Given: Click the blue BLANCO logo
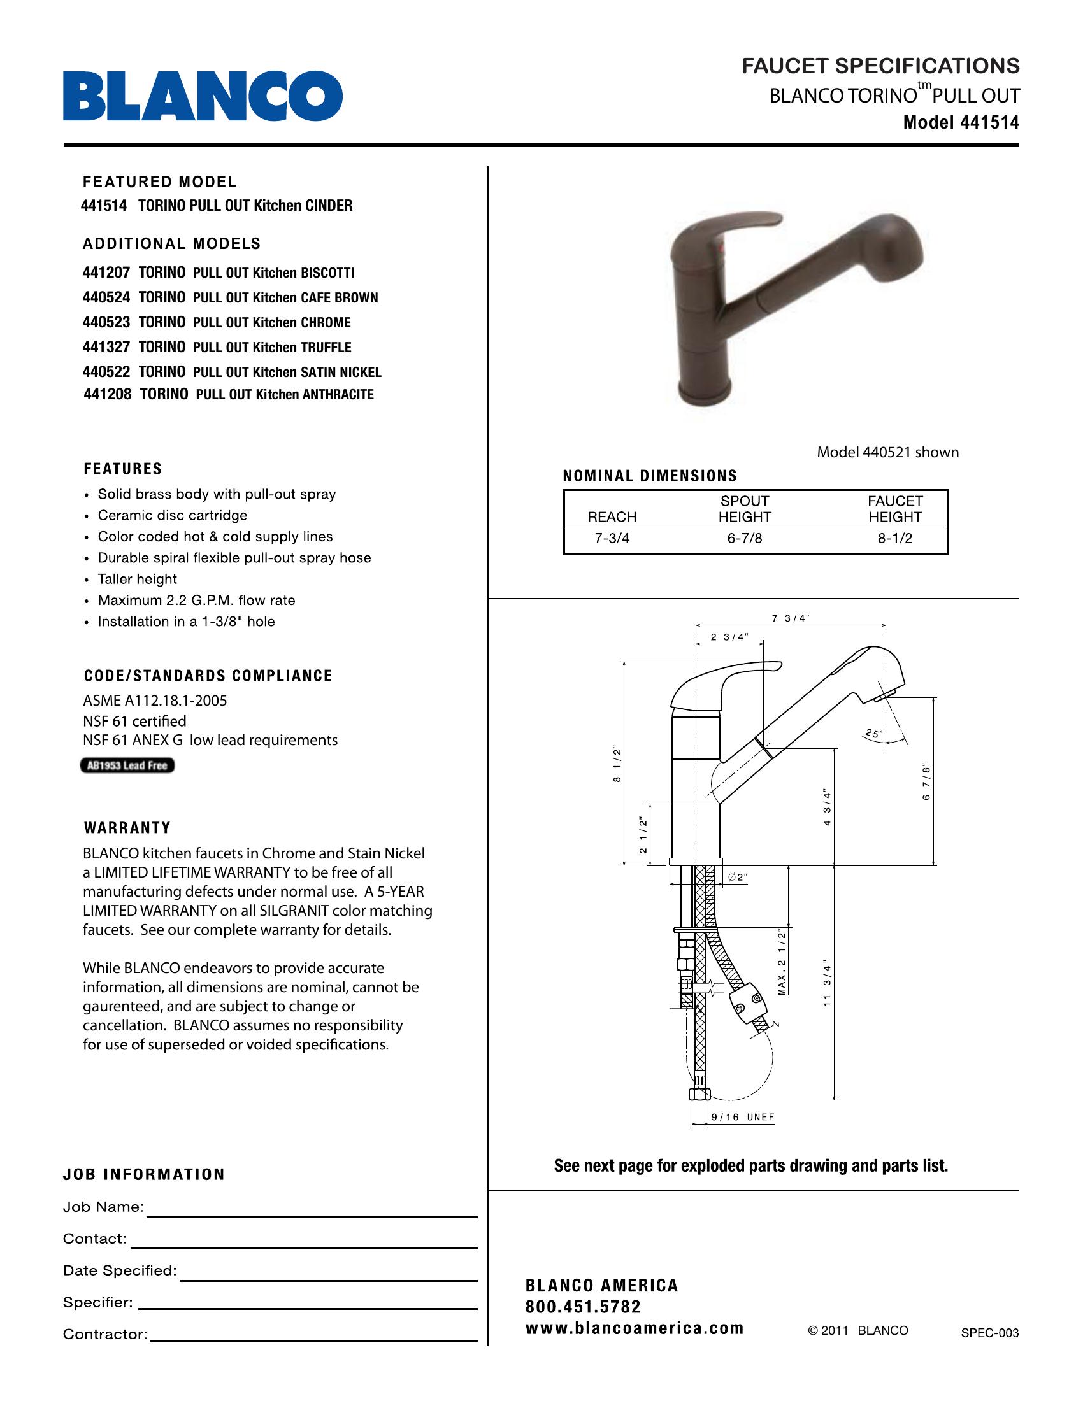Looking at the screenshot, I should click(x=202, y=96).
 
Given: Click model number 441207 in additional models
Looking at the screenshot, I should click(x=106, y=273).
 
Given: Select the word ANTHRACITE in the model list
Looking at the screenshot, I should click(x=338, y=395).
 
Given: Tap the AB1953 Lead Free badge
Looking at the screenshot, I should click(x=127, y=765).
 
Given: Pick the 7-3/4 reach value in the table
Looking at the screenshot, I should click(x=612, y=539).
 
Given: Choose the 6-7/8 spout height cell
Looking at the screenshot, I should click(x=744, y=539).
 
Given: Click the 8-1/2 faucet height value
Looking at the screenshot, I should click(x=895, y=539).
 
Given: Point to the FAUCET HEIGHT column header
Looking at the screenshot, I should click(x=895, y=509).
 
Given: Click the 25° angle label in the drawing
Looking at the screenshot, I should click(x=873, y=733).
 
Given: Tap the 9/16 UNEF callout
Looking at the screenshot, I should click(x=743, y=1117).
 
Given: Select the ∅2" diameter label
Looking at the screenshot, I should click(x=738, y=878).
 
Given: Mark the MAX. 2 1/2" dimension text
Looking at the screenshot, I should click(x=782, y=962).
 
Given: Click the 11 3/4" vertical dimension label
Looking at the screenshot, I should click(x=827, y=985).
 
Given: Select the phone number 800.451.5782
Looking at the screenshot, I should click(x=582, y=1307).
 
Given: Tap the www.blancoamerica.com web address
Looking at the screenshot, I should click(x=634, y=1328).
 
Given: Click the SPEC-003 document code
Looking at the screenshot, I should click(x=989, y=1333).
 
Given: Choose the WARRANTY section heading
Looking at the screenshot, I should click(x=127, y=827).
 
